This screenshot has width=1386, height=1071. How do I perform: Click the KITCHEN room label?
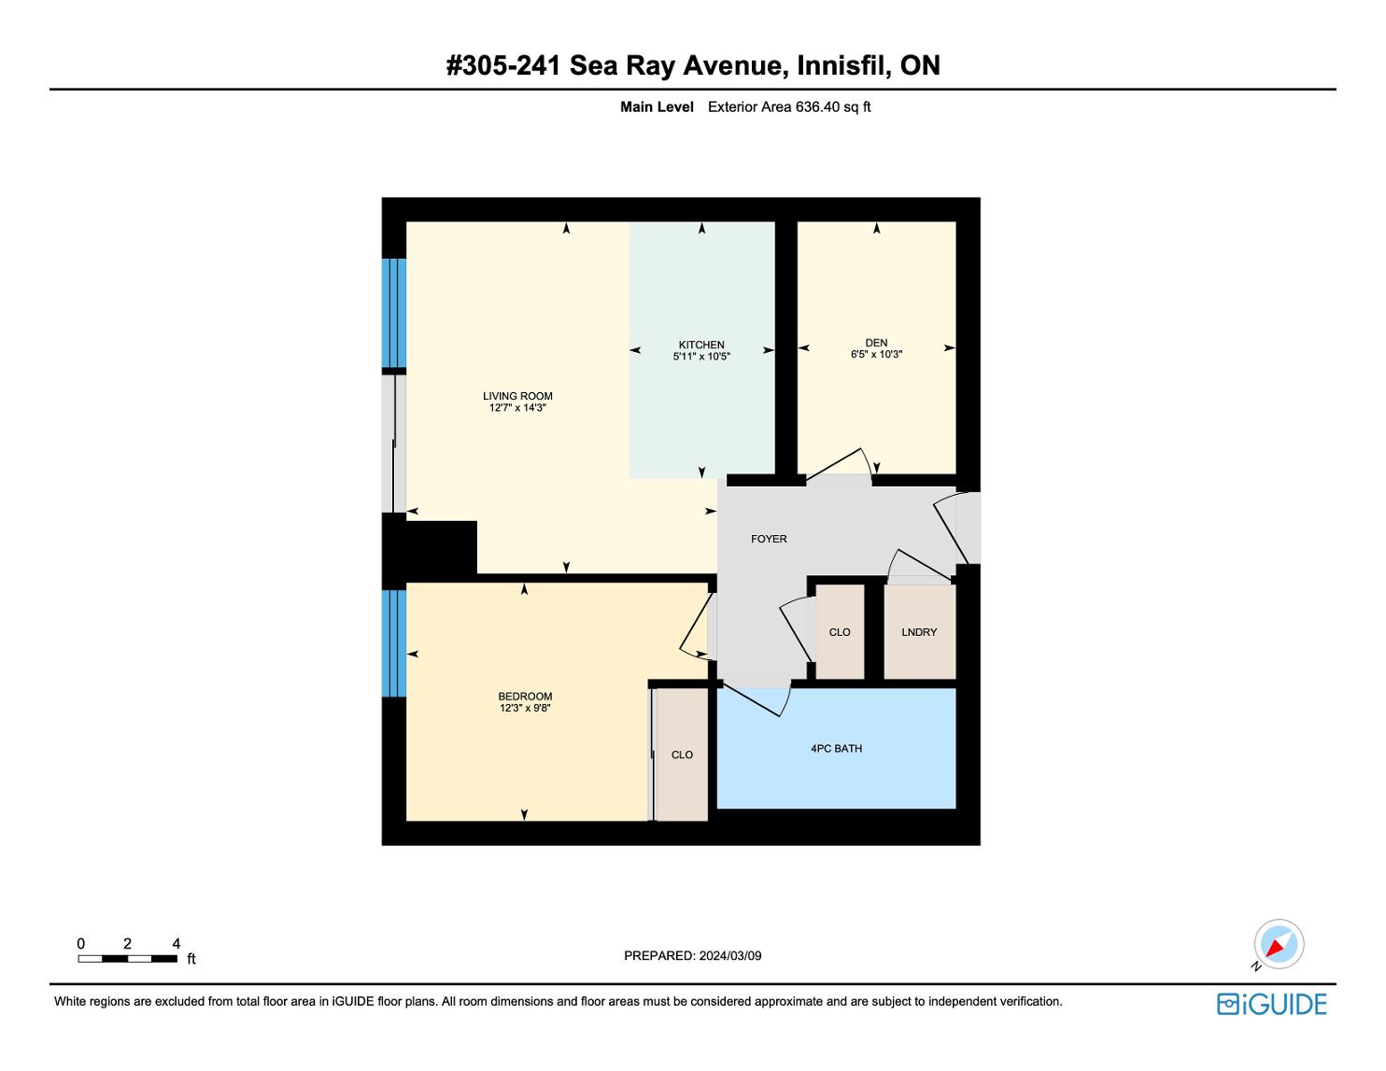(x=701, y=345)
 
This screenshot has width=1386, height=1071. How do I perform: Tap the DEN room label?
(x=876, y=343)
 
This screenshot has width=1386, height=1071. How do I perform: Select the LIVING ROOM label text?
(x=517, y=397)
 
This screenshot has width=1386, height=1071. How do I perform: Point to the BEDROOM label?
(x=525, y=697)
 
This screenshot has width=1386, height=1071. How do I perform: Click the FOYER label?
(x=769, y=540)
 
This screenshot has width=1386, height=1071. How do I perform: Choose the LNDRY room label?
(x=919, y=632)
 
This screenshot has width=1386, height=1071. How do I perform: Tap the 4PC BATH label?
(x=836, y=749)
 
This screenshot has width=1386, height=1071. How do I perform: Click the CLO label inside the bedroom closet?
(x=682, y=754)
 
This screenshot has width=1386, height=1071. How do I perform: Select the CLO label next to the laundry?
(x=840, y=632)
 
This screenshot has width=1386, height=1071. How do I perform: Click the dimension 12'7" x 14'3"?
(x=517, y=408)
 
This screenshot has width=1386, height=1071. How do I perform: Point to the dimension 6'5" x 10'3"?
(x=876, y=355)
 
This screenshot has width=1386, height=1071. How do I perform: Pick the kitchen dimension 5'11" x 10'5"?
(x=701, y=357)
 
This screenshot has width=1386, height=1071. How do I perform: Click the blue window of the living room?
(x=393, y=313)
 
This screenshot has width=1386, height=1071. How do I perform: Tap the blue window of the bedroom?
(x=393, y=643)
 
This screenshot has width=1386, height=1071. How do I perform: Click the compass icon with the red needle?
(x=1279, y=944)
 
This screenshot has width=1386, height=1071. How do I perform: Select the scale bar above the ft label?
(x=128, y=959)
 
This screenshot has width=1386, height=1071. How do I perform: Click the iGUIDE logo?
(x=1271, y=1004)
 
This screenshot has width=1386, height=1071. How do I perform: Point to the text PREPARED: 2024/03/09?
(x=693, y=955)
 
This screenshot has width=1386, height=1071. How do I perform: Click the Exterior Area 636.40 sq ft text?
(x=789, y=107)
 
